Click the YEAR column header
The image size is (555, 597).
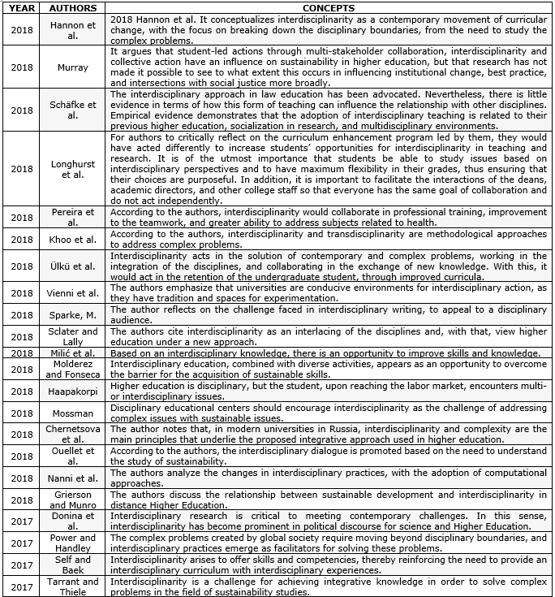22,8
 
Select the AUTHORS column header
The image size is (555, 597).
73,8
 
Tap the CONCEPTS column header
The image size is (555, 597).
328,8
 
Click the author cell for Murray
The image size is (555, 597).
73,67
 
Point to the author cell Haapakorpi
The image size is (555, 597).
73,391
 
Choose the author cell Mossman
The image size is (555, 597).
73,413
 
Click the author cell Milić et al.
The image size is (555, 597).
73,353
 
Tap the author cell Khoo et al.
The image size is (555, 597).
73,240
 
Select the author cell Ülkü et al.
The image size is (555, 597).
73,265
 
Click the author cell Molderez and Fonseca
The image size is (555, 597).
73,370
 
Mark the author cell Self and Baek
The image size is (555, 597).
73,565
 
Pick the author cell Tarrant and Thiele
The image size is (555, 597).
73,586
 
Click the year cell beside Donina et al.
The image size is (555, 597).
22,521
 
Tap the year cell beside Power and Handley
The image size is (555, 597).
22,543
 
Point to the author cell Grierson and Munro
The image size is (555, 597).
73,499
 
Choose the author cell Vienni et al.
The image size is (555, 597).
73,293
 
